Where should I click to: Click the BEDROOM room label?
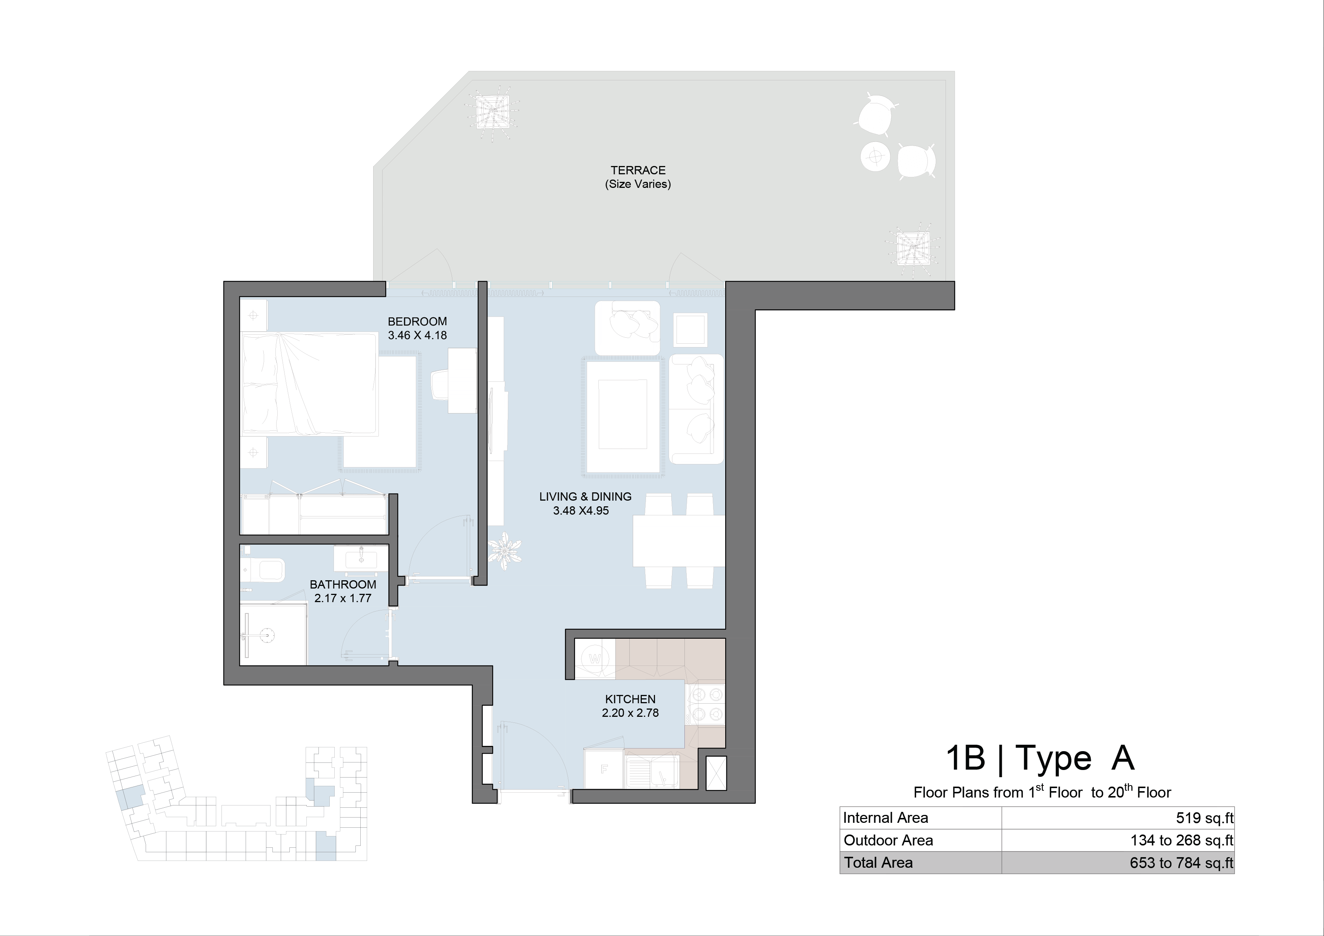pyautogui.click(x=417, y=321)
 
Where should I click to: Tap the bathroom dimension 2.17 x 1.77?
pyautogui.click(x=343, y=598)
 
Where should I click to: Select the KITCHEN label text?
pyautogui.click(x=630, y=699)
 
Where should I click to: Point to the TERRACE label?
pyautogui.click(x=638, y=170)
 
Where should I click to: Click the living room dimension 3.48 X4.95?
pyautogui.click(x=581, y=510)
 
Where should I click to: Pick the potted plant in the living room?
pyautogui.click(x=504, y=551)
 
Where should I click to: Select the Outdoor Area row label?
pyautogui.click(x=888, y=840)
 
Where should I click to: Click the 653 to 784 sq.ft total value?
pyautogui.click(x=1181, y=863)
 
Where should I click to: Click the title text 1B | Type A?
pyautogui.click(x=1040, y=758)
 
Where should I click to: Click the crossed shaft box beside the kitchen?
pyautogui.click(x=716, y=773)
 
